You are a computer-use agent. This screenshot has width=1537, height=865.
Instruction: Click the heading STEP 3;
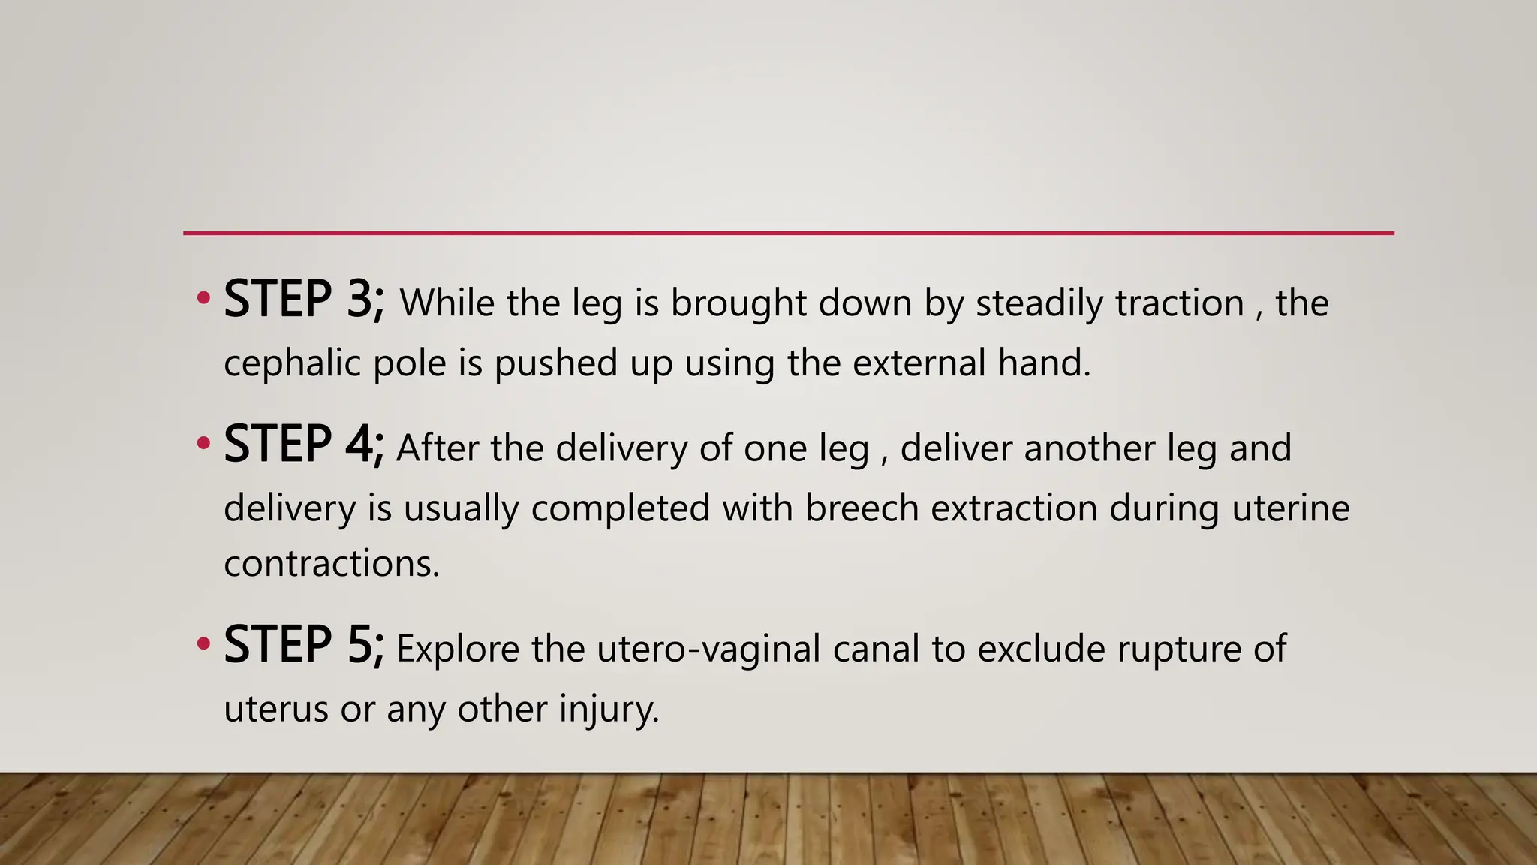(x=304, y=299)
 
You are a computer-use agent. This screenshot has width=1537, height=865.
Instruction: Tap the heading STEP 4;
(x=304, y=444)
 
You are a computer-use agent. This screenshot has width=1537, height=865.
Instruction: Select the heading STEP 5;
(x=304, y=645)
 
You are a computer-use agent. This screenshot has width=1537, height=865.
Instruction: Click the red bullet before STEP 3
(x=203, y=299)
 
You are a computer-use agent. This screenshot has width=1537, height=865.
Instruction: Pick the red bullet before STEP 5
(x=203, y=644)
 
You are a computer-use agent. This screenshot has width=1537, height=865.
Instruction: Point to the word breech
(x=862, y=508)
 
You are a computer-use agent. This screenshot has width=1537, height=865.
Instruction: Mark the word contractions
(x=331, y=563)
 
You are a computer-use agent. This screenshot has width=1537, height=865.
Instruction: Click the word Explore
(x=458, y=650)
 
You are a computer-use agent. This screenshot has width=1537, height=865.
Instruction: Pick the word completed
(x=620, y=508)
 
